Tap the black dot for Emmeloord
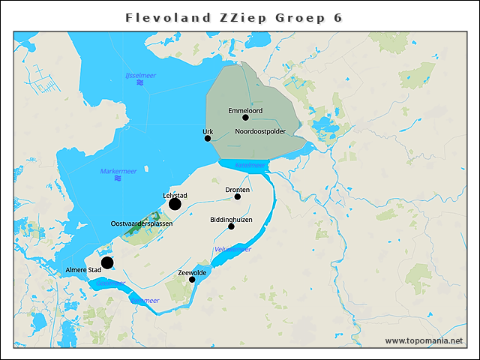[245, 117]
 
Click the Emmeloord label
[245, 109]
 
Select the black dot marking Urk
[208, 138]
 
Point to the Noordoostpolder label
[260, 131]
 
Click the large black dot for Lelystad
[175, 204]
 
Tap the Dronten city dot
[238, 196]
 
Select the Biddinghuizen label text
[231, 219]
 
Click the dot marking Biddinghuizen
[231, 226]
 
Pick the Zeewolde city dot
[192, 279]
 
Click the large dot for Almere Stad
[107, 262]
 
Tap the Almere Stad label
[83, 269]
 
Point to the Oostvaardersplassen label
[142, 223]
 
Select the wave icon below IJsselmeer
[139, 84]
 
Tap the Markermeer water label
[118, 171]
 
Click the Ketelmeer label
[250, 165]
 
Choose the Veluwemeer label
[232, 249]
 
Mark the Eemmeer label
[145, 300]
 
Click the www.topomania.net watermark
[424, 340]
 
